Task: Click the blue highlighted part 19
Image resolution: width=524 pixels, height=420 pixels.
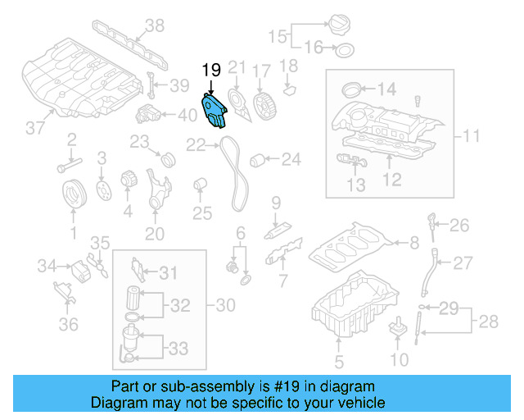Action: pos(214,111)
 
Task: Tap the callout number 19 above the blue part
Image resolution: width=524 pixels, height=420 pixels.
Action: pos(211,71)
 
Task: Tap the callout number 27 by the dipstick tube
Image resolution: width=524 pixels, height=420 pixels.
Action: pos(463,263)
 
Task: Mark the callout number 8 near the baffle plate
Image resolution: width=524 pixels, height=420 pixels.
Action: pos(414,242)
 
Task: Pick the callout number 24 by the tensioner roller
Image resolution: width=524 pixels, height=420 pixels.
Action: pos(291,161)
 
